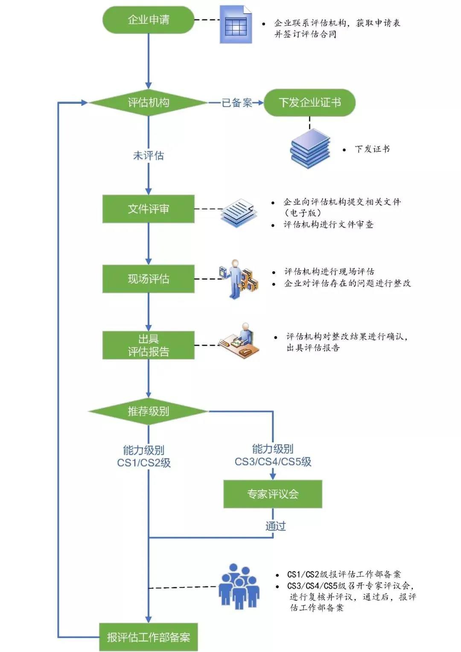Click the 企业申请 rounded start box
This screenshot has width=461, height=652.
coord(148,20)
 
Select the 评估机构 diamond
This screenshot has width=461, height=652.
coord(148,102)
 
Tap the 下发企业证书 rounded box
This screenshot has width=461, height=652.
coord(309,102)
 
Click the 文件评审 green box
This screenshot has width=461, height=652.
coord(148,209)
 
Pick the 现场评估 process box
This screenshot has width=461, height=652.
coord(148,279)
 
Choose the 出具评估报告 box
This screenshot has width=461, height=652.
coord(148,345)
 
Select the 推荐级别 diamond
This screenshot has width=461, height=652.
coord(148,411)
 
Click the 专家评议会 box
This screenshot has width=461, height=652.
coord(272,494)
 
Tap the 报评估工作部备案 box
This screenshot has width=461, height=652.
coord(148,637)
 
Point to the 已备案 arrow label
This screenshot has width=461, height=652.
coord(236,102)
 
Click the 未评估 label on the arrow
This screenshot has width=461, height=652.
coord(148,155)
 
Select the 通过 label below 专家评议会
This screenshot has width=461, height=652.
coord(275,526)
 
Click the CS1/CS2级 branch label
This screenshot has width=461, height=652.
coord(144,456)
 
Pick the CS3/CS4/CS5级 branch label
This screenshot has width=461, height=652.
coord(273,455)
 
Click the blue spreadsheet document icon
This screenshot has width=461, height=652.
coord(236,25)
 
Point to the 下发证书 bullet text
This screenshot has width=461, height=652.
coord(372,149)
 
